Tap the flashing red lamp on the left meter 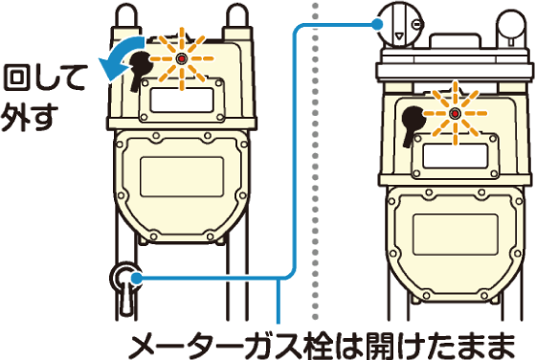pyautogui.click(x=180, y=58)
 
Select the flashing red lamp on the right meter pyautogui.click(x=455, y=115)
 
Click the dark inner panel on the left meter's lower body pyautogui.click(x=180, y=176)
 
